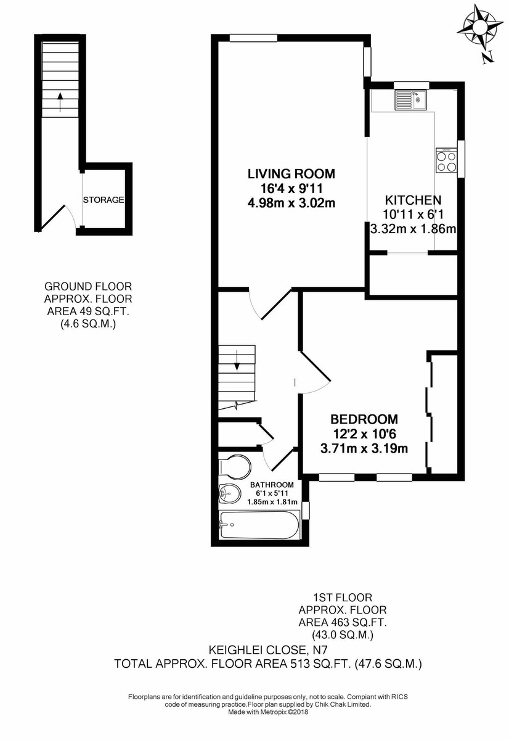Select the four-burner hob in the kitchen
[x=446, y=161]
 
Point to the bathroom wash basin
[x=229, y=493]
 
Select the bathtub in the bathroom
[x=259, y=525]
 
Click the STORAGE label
[x=104, y=200]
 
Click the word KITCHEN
[x=413, y=200]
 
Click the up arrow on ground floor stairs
[x=60, y=101]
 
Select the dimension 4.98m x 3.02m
[x=291, y=203]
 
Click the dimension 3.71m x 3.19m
[x=364, y=448]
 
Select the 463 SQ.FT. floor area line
[x=343, y=623]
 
